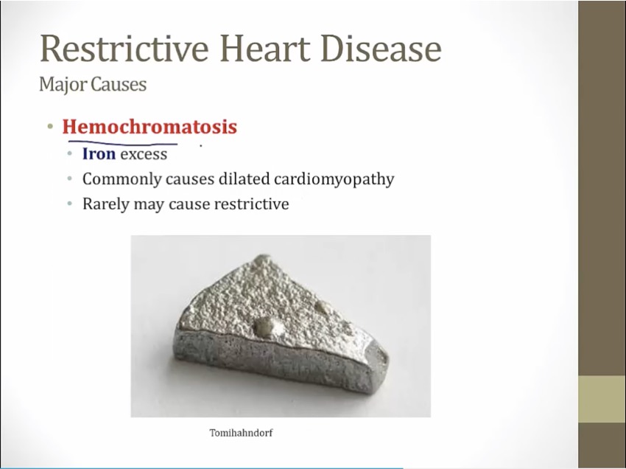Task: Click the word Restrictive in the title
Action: (124, 49)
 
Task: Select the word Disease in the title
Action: (381, 49)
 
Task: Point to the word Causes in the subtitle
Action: (119, 84)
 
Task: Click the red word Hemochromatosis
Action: (150, 126)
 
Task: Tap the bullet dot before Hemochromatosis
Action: (50, 127)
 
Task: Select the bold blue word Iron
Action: (99, 153)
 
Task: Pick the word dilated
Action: (245, 178)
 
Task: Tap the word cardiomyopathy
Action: (334, 179)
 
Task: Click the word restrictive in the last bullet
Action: (252, 204)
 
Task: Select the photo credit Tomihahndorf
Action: (241, 433)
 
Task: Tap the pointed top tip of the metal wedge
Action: (263, 256)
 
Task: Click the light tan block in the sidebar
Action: (602, 399)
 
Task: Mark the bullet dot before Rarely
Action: (70, 204)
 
